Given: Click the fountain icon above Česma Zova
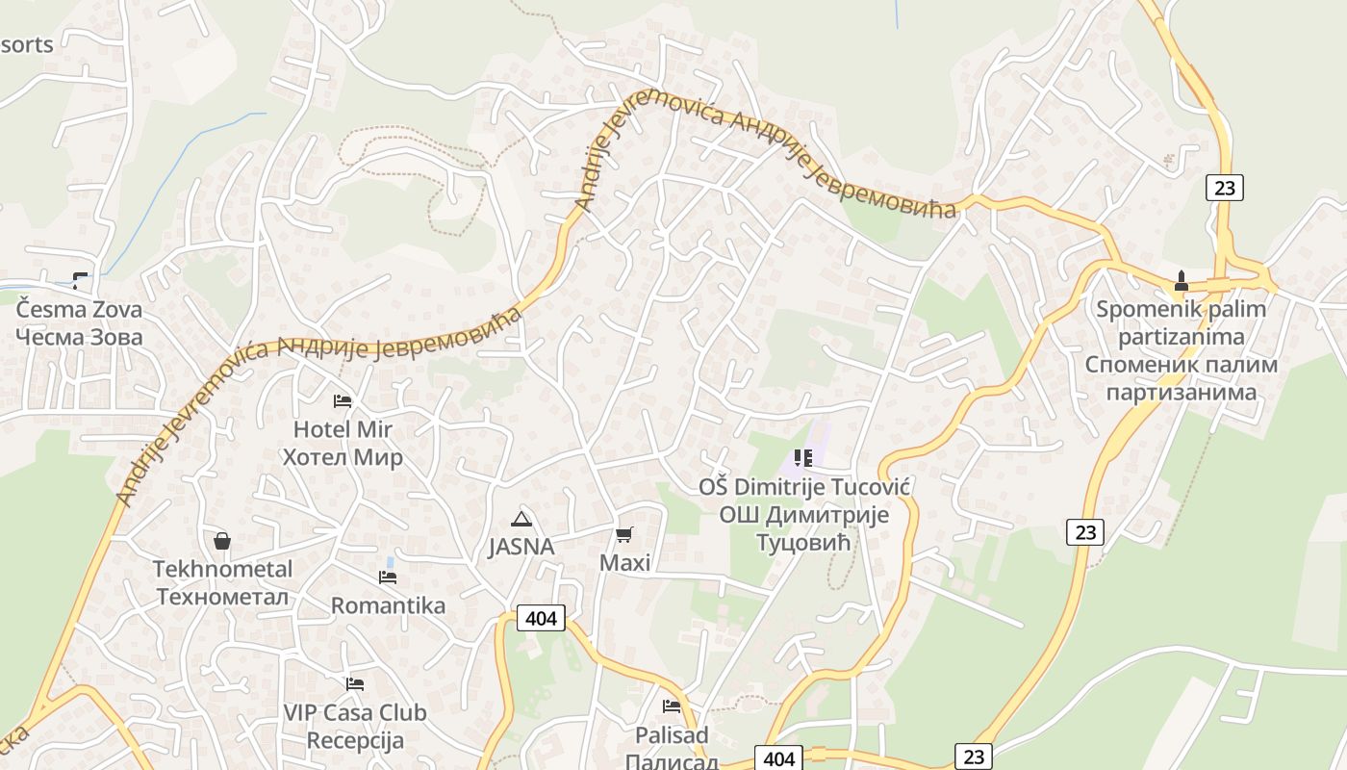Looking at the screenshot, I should click(80, 280).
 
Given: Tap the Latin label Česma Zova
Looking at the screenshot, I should click(79, 310).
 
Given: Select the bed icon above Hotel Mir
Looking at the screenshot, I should click(343, 400).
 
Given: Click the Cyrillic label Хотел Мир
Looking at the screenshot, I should click(343, 456).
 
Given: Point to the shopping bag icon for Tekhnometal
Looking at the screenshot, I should click(222, 541).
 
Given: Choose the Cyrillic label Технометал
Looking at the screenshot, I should click(222, 597).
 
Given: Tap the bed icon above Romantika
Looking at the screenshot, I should click(388, 577).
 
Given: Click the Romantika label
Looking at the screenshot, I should click(388, 605).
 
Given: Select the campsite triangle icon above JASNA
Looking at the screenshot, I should click(521, 520).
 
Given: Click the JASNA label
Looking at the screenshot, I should click(521, 547).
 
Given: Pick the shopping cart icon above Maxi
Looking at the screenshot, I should click(624, 534).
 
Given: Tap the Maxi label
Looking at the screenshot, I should click(625, 562).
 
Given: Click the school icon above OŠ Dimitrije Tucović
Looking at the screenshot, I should click(803, 458).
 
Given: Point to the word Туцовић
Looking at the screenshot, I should click(804, 543).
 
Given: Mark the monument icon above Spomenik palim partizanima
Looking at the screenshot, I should click(1182, 281).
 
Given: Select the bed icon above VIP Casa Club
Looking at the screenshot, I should click(355, 684).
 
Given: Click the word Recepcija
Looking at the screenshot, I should click(355, 740).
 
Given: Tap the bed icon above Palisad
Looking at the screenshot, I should click(672, 706).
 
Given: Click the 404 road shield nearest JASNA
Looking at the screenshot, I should click(541, 618).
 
